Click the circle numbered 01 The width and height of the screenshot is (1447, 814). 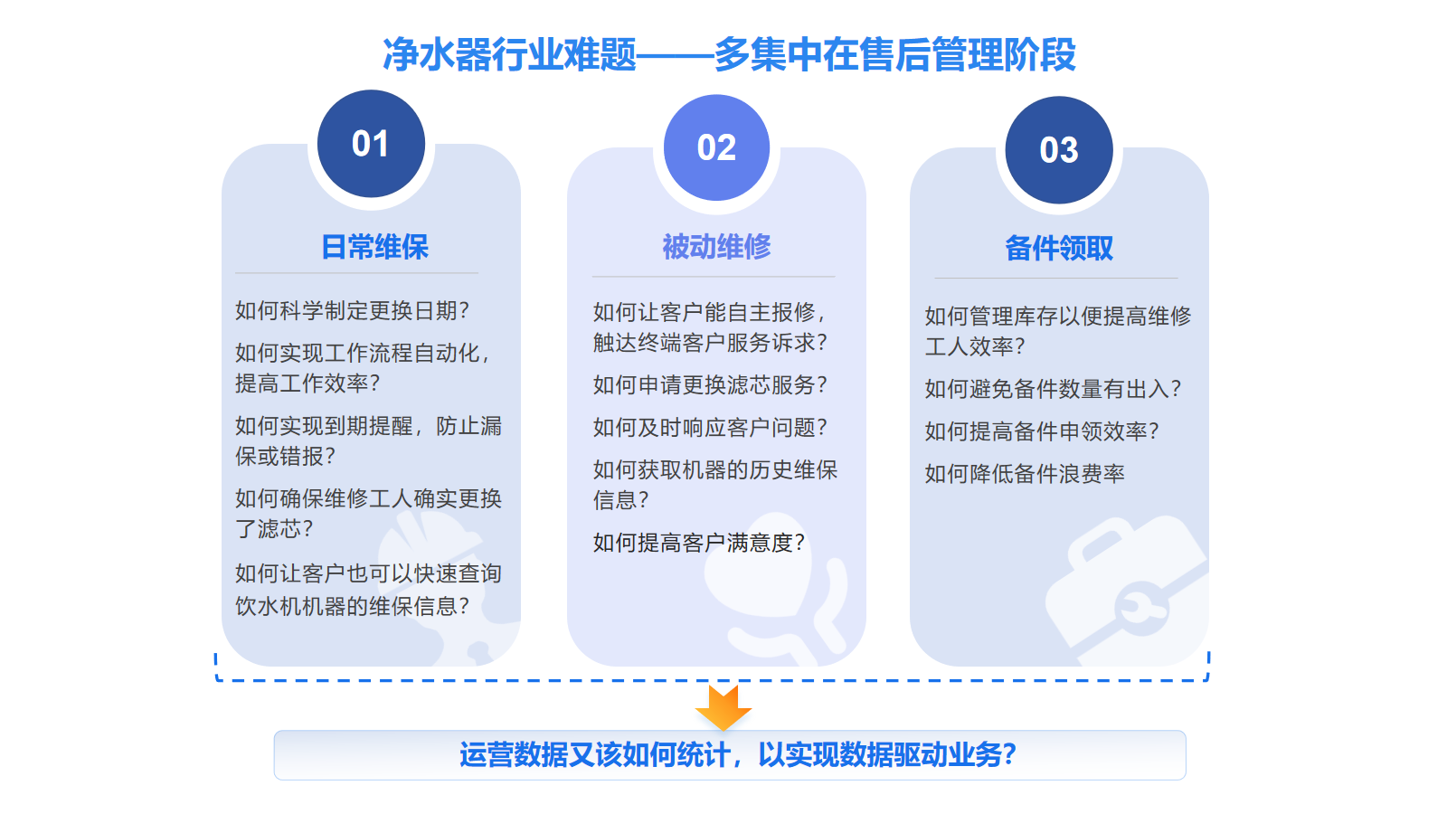coord(371,144)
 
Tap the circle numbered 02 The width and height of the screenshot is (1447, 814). coord(716,148)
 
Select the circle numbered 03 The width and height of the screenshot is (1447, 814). coord(1059,150)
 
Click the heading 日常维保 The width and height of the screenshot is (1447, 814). coord(374,247)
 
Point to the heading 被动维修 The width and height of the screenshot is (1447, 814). coord(716,247)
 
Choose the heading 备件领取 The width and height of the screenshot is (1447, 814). coord(1059,249)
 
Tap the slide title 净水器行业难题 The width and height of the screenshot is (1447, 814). coord(510,54)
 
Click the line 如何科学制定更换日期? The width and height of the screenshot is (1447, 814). coord(352,311)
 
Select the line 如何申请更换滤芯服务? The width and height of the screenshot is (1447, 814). coord(710,385)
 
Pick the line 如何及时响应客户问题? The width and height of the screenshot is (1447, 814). coord(710,428)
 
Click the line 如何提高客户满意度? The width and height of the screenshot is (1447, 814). coord(699,543)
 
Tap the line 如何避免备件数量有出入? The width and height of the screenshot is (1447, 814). coord(1053,389)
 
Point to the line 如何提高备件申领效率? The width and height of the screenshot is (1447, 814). coord(1042,431)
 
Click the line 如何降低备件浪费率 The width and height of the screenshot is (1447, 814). coord(1025,474)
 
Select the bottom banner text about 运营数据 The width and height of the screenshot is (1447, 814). coord(738,754)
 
